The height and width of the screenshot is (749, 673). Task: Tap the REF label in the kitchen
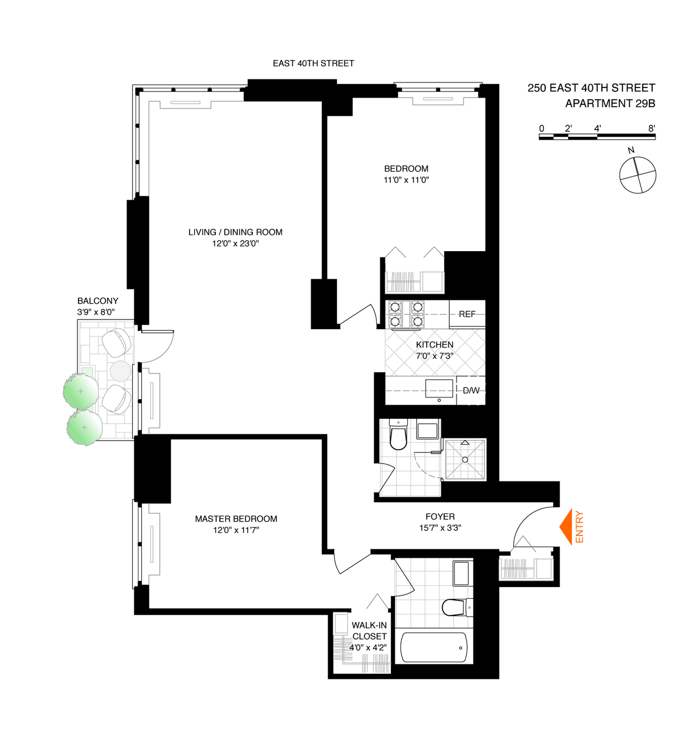(467, 314)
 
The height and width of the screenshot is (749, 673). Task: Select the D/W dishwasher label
(471, 390)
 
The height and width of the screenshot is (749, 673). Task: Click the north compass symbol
(638, 175)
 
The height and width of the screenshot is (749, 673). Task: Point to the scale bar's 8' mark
(652, 128)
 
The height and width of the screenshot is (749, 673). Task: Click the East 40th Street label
(314, 63)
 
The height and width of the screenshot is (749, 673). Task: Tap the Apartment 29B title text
(610, 104)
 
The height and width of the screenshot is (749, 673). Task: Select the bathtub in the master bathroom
(434, 648)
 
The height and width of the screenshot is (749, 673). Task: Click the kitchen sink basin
(439, 388)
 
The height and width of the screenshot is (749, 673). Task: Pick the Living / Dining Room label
(235, 232)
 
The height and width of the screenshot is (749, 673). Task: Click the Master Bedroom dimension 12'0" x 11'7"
(236, 530)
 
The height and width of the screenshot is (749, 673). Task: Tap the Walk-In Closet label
(369, 631)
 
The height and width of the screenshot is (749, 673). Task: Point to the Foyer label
(440, 517)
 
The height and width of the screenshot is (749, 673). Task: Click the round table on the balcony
(120, 371)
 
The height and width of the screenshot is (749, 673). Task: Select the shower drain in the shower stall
(465, 460)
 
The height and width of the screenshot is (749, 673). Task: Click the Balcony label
(98, 301)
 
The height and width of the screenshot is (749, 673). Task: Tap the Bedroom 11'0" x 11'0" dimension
(406, 180)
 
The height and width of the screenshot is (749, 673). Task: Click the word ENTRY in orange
(580, 527)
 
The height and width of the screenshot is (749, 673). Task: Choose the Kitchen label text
(435, 345)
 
